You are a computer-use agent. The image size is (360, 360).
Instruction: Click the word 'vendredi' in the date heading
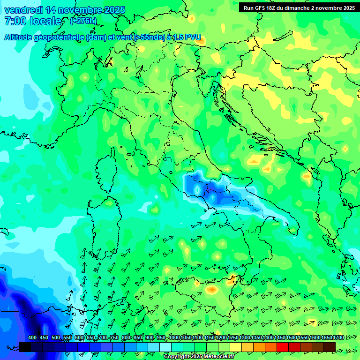coord(23,10)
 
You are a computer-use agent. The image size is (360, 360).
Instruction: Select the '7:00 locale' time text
coord(33,21)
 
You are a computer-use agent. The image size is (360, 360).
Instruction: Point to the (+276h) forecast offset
coord(83,21)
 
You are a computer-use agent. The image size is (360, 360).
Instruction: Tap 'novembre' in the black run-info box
coord(327,8)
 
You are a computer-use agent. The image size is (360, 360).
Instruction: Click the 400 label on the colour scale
coord(32,338)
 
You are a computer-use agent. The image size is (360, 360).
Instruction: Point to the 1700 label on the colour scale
coord(330,338)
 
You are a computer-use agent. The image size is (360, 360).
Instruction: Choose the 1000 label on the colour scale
coord(175,338)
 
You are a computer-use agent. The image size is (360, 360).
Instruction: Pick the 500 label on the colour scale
coord(56,338)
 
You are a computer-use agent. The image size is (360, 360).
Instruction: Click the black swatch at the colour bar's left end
coord(25,346)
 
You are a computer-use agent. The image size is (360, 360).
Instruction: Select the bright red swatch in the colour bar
coord(283,346)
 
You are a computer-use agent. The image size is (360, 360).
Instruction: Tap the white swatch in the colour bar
coord(165,346)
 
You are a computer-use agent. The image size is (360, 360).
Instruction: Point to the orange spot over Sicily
coord(212,290)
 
